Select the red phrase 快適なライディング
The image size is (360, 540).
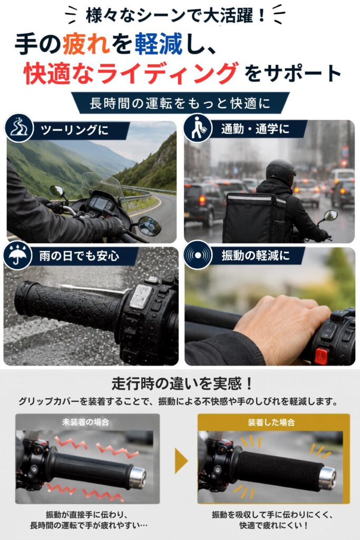coord(131,73)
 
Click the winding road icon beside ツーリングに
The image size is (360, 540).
coord(20,128)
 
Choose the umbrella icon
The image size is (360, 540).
coord(17,255)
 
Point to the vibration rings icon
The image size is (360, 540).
coord(198,255)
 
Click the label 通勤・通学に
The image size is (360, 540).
coord(255,129)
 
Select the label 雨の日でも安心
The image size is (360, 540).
coord(79,256)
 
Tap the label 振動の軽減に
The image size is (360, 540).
coord(255,256)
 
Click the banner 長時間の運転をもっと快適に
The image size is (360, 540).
coord(180,103)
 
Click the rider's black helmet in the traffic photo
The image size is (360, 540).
coord(280,171)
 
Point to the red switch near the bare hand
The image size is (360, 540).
coord(321,356)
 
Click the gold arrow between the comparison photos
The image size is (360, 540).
coord(181,460)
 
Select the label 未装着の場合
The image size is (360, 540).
coord(86,422)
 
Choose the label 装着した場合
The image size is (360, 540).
coord(271,422)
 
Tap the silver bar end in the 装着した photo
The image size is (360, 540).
coord(327,478)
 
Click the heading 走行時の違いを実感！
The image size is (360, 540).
coord(182,383)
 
